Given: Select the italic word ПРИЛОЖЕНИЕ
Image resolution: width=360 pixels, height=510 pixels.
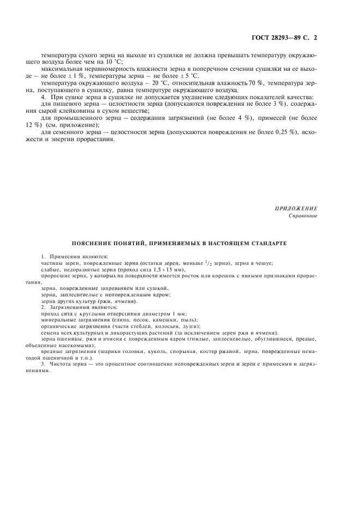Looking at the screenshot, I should point(297,209).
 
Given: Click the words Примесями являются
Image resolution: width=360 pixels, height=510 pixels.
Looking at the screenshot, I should point(79,256).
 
